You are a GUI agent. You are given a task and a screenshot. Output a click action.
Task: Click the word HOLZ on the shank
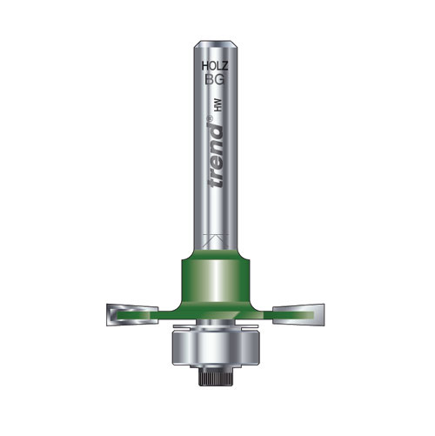(213, 64)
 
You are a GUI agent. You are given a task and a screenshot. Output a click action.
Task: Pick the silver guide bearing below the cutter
(213, 348)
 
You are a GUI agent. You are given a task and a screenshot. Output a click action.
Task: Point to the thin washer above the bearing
(213, 325)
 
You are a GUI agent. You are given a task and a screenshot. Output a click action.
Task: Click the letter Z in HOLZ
(225, 64)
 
